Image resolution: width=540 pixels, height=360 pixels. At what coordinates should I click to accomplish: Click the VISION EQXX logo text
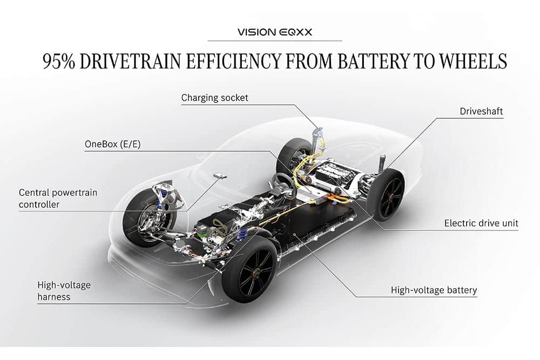point(274,32)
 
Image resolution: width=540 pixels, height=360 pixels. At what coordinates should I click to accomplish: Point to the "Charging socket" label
point(215,98)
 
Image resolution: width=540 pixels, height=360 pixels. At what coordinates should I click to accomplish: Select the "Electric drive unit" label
point(481,223)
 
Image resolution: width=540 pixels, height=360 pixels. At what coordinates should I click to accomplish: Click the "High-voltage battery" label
point(434,290)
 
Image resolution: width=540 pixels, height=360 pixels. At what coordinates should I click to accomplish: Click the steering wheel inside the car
point(281,184)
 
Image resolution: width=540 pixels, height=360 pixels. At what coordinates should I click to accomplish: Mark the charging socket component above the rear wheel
point(319,133)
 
